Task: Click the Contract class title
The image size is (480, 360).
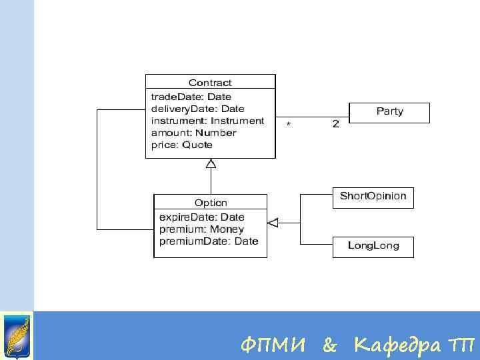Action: coord(210,83)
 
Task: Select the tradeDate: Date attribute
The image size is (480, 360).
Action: coord(191,97)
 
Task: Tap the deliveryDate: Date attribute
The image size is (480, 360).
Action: coord(197,109)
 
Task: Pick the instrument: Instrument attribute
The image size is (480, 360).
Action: coord(207,121)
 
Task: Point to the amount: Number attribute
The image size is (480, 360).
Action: coord(193,133)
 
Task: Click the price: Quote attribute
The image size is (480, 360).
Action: coord(181,145)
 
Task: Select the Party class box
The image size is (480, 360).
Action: coord(389,112)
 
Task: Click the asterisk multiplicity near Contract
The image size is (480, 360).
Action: coord(288,125)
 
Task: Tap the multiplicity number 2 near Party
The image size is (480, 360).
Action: coord(335,124)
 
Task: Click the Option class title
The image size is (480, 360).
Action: coord(211,203)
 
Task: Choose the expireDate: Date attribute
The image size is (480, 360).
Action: coord(201,217)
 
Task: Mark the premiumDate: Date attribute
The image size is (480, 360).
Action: coord(208,241)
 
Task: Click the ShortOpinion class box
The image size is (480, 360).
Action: coord(373,197)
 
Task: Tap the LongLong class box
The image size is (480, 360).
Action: coord(373,246)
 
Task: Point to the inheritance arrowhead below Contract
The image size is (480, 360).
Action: coord(211,163)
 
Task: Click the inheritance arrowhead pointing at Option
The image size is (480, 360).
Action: coord(272,222)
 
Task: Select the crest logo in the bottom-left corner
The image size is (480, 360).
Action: coord(16,335)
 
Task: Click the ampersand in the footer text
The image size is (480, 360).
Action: coord(329,345)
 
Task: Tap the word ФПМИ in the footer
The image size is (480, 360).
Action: coord(273,345)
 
